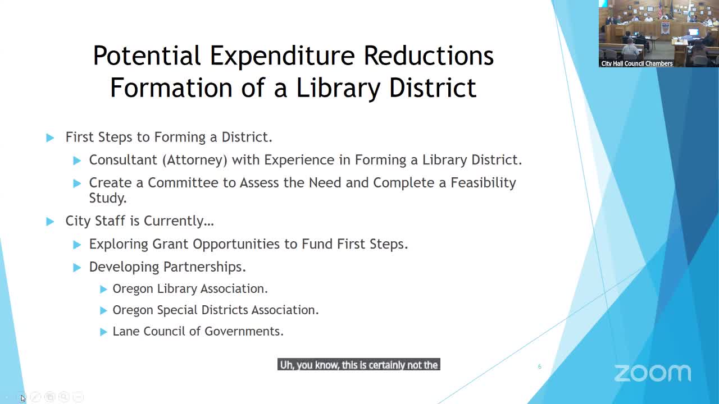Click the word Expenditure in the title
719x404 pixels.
coord(282,56)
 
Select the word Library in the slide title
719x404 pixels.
coord(338,88)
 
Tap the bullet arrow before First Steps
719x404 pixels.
coord(50,138)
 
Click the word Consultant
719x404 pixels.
coord(123,160)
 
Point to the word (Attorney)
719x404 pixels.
coord(195,160)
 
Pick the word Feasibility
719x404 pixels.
coord(483,183)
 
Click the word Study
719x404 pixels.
coord(107,199)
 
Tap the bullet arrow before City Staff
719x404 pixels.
coord(50,222)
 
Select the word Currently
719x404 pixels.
coord(179,221)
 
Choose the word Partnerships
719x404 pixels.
coord(204,267)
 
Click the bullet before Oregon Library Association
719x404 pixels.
coord(103,290)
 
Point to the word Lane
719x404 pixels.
coord(126,332)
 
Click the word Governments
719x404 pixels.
coord(244,332)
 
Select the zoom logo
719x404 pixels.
coord(653,373)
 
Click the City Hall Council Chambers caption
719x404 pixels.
coord(637,63)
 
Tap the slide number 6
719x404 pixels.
coord(540,366)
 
